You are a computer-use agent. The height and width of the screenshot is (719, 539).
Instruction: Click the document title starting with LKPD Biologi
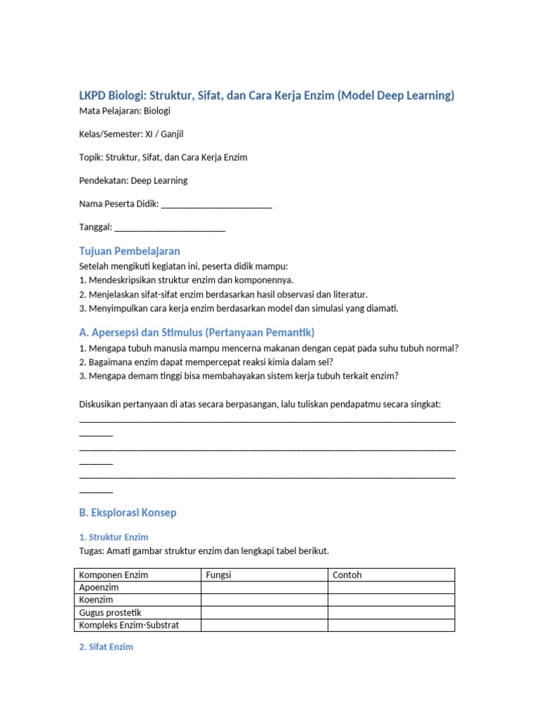(266, 95)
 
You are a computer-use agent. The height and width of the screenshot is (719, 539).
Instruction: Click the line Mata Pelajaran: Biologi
(124, 111)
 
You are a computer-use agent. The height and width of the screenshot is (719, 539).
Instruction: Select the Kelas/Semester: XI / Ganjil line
(131, 134)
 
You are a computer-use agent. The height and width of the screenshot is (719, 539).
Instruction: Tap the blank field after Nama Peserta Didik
(216, 204)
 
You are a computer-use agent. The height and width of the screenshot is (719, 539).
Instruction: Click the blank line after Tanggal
(169, 227)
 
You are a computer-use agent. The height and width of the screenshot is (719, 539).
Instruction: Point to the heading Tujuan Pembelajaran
(129, 251)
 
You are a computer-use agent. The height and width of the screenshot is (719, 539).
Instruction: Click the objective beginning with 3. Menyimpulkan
(238, 308)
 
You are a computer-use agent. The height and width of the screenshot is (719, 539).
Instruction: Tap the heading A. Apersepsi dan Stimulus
(197, 332)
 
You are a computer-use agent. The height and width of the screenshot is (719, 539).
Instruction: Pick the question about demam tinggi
(239, 376)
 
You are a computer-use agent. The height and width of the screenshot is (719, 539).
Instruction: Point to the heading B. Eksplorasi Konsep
(127, 513)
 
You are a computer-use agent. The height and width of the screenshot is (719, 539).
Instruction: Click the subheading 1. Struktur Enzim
(113, 537)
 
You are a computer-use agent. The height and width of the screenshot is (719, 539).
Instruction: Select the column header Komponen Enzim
(114, 575)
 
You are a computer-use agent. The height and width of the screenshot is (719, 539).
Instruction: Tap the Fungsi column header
(218, 575)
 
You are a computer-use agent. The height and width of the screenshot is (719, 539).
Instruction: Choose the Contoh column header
(347, 575)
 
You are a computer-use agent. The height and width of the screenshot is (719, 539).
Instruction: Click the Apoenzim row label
(99, 588)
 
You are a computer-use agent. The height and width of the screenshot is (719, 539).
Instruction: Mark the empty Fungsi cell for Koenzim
(264, 600)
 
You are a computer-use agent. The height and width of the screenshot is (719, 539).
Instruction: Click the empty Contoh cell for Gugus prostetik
(391, 613)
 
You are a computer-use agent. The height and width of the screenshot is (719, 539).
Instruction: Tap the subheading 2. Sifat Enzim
(105, 647)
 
